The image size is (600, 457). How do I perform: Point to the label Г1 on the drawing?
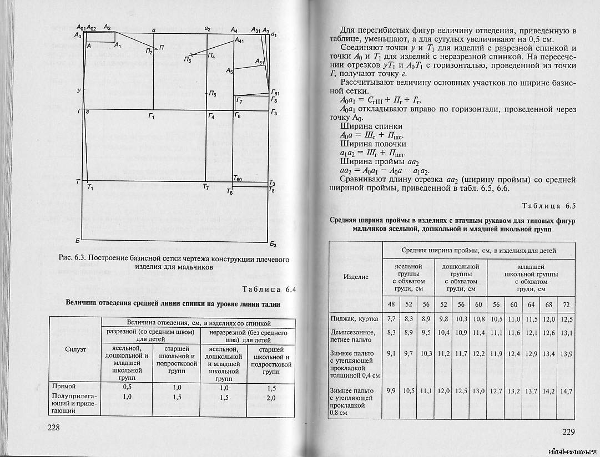[x=150, y=116]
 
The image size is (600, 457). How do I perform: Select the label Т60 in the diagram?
[x=237, y=178]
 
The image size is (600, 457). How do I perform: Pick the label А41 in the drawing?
[x=239, y=40]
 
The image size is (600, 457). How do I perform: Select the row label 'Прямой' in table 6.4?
[x=63, y=385]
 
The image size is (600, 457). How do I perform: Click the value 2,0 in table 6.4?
[x=271, y=397]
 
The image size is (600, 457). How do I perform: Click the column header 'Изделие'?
[x=356, y=276]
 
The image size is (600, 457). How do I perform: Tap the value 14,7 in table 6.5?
[x=566, y=391]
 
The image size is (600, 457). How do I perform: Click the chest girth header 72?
[x=566, y=304]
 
